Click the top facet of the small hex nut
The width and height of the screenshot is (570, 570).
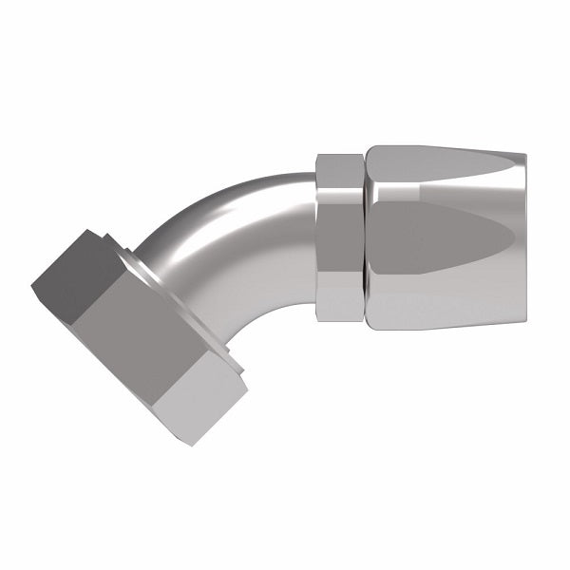coord(338,171)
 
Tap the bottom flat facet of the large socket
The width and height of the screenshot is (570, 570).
coord(446,309)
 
